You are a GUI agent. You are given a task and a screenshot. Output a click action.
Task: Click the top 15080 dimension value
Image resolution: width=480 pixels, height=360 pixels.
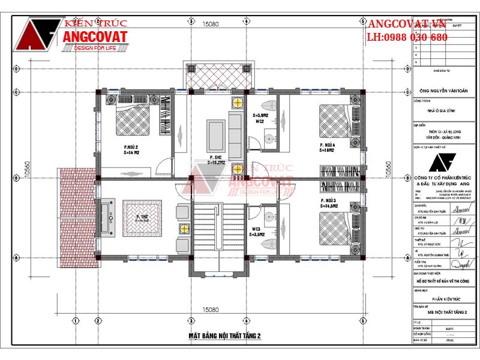[210, 25]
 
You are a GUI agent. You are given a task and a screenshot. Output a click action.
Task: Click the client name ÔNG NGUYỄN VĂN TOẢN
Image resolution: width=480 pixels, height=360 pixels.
[443, 91]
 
